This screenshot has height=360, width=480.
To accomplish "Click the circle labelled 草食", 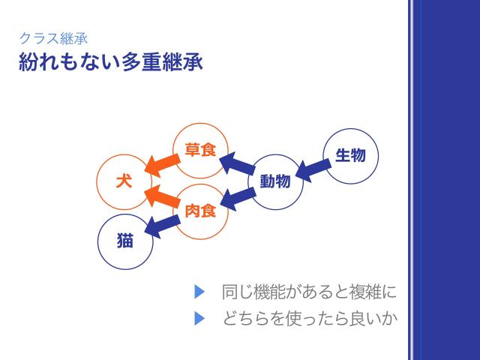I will pos(200,150).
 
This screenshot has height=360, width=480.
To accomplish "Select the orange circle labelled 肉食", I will pos(200,211).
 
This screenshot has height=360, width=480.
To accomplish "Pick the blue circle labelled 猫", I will pos(125,241).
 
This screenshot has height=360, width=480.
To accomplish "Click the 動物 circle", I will pos(275,181).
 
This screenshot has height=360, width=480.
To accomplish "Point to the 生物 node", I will pos(350,156).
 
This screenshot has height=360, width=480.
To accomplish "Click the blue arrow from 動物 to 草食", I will pos(237,164).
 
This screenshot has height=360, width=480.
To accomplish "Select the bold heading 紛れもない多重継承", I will pos(110,61).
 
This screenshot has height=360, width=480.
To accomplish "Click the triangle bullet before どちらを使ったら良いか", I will pos(199,319).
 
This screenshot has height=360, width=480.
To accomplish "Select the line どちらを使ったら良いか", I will pos(308,319).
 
